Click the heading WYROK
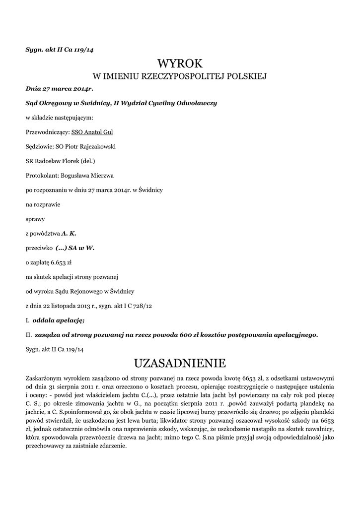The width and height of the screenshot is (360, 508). point(180,63)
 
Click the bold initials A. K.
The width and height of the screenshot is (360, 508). point(69,233)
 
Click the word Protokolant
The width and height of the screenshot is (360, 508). point(41,175)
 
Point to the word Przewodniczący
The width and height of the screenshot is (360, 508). point(47,132)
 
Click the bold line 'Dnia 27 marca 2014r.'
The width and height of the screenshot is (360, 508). point(60,89)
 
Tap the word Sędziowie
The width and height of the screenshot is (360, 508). point(39,147)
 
